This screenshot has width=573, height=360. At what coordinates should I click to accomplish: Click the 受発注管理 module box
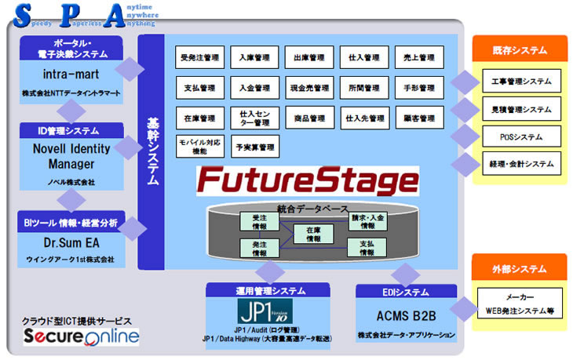tap(199, 58)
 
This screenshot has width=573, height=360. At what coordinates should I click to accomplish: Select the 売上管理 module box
tap(420, 58)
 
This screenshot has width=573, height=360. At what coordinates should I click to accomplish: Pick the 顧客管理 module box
tap(420, 118)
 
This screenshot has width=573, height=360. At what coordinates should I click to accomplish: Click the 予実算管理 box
tap(254, 147)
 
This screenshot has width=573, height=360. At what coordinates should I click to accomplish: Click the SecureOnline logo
tap(82, 337)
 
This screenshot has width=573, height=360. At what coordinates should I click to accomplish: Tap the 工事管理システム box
tap(521, 82)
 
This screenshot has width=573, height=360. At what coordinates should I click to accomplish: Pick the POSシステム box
tap(521, 136)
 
